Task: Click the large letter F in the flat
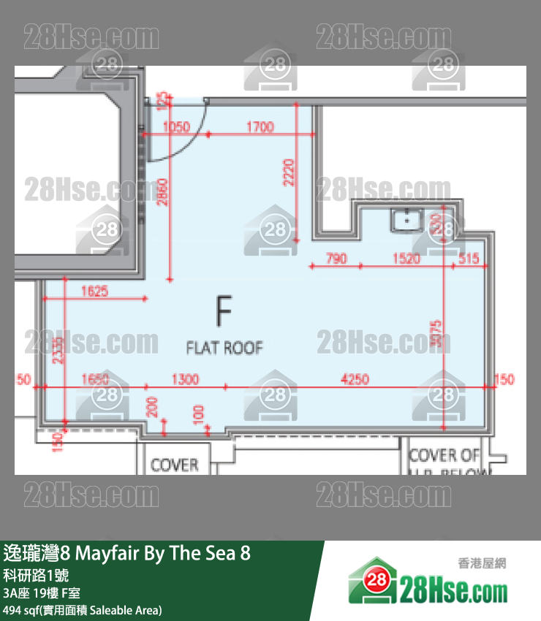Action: coord(224,310)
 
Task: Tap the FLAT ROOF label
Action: coord(224,348)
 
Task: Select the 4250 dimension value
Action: coord(356,378)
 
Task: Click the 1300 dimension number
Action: coord(184,378)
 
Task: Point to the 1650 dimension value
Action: coord(95,378)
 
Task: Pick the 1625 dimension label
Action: coord(94,291)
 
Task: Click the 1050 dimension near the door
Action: coord(177,127)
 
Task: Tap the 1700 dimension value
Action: coord(260,127)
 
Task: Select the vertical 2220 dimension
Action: coord(290,172)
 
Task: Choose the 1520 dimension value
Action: coord(406,258)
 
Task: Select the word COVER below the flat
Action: coord(174,465)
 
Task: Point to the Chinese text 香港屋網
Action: coord(482,563)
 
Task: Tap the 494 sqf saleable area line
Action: coord(83,610)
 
